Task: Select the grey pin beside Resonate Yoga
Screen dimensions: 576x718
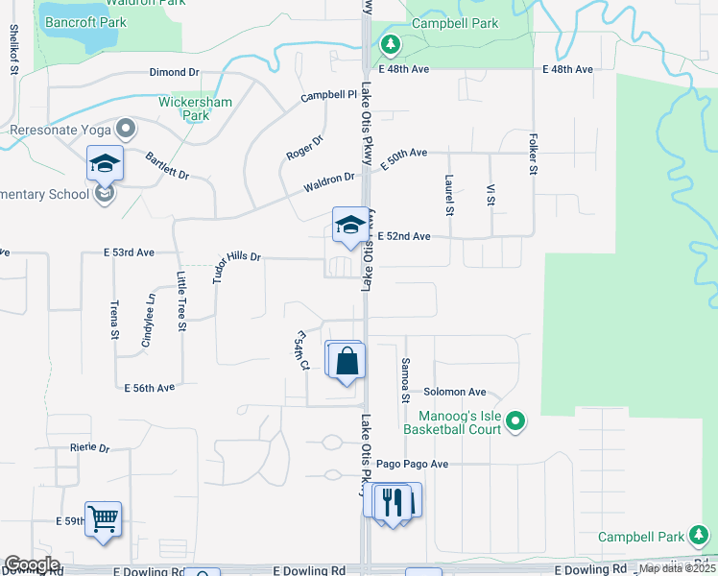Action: tap(125, 129)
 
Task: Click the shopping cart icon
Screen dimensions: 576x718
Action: tap(103, 518)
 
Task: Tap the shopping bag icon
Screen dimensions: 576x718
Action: tap(347, 361)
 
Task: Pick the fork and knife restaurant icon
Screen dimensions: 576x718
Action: tap(393, 501)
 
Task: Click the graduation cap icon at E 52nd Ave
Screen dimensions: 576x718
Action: tap(350, 227)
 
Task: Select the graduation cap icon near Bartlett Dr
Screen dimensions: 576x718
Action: tap(105, 163)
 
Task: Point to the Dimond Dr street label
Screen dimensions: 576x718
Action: tap(174, 72)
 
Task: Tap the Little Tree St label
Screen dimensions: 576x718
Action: tap(180, 300)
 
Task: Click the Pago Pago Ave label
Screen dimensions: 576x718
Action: tap(413, 464)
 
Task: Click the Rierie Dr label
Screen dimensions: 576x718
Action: tap(90, 448)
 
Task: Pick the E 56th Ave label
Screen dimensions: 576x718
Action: tap(150, 388)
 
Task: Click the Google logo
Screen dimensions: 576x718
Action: tap(31, 564)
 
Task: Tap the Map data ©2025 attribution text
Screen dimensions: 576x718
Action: tap(677, 568)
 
